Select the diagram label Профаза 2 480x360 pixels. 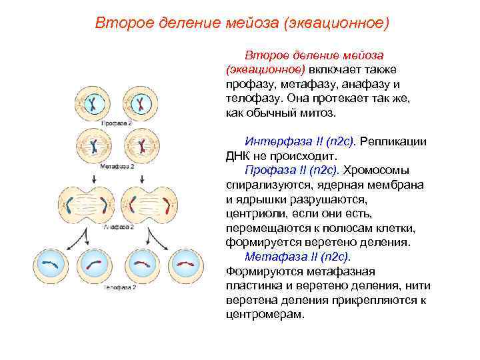click(117, 124)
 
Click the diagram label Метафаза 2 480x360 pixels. click(117, 165)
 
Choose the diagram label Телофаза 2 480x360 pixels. click(119, 287)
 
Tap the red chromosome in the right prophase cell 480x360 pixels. click(141, 103)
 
